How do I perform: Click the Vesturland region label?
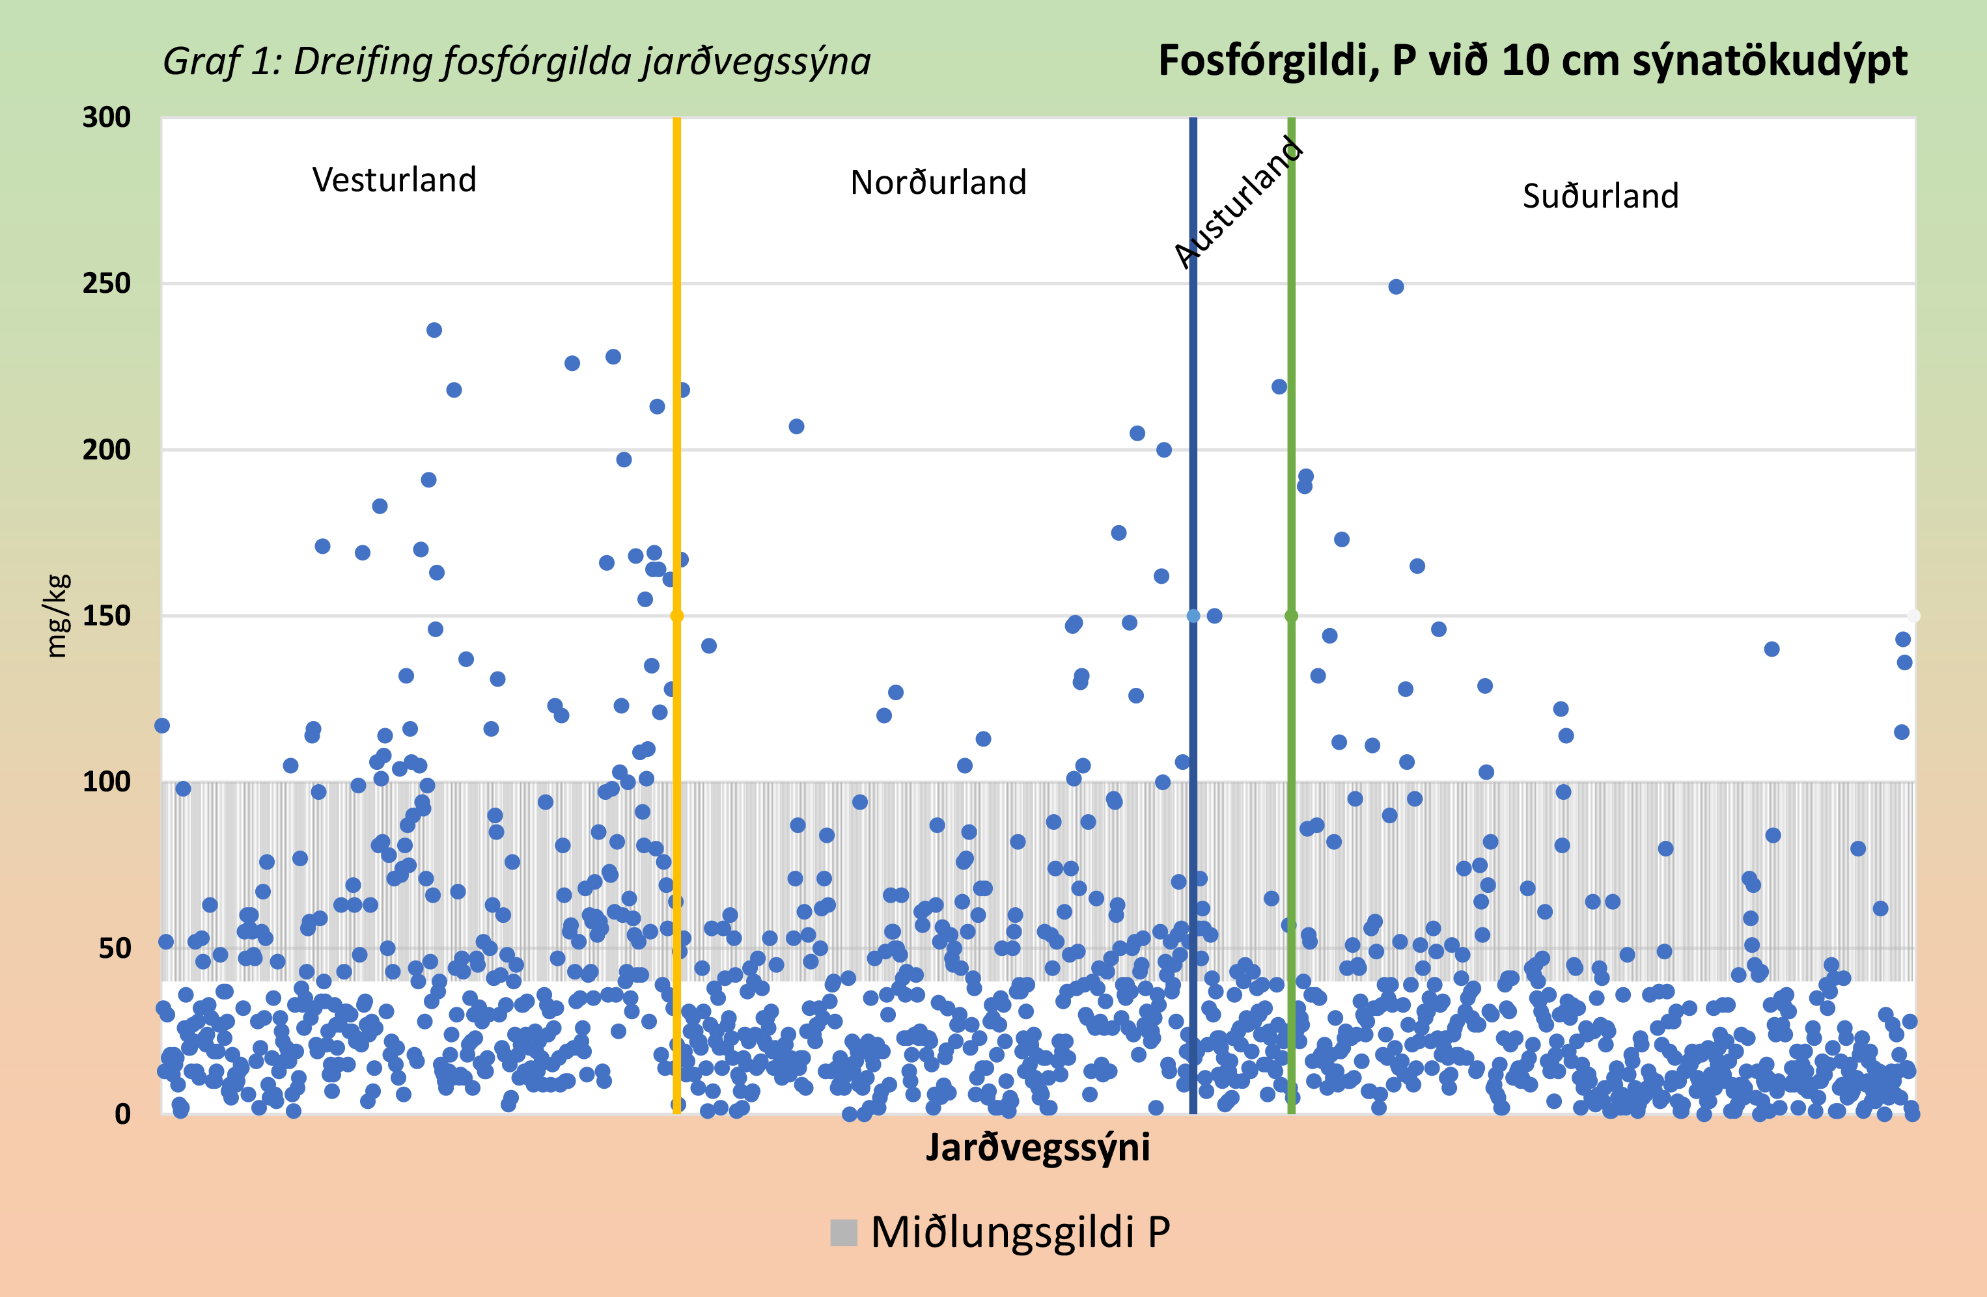(x=394, y=180)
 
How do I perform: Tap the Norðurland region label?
(x=938, y=183)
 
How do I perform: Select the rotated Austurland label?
(x=1238, y=203)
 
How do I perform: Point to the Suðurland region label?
(x=1600, y=196)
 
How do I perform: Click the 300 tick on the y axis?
(x=107, y=118)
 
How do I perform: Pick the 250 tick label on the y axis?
(x=107, y=284)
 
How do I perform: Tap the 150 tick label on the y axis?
(x=107, y=616)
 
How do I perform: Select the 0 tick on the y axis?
(x=123, y=1114)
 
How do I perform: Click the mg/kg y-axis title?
(x=57, y=616)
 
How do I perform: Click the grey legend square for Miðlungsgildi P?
(x=843, y=1233)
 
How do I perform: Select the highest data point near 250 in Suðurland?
(x=1396, y=287)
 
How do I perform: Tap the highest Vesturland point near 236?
(x=434, y=331)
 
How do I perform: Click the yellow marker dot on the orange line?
(x=677, y=616)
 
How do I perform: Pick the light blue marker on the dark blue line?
(x=1193, y=616)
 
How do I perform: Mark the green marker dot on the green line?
(x=1291, y=616)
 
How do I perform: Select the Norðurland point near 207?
(x=796, y=426)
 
